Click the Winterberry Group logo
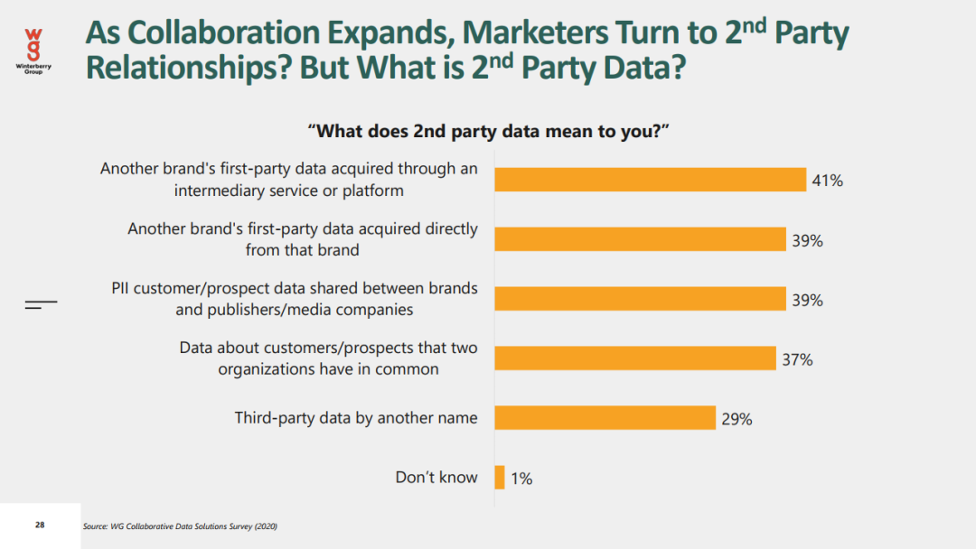coord(33,50)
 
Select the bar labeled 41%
coord(650,180)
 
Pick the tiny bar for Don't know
coord(500,477)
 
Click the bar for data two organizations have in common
coord(635,358)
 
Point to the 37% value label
coord(798,360)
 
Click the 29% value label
coord(737,419)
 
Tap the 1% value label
coord(521,479)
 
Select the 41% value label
coord(828,181)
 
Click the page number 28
coord(40,525)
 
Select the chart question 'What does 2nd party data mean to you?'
coord(488,131)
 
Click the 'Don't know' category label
coord(436,478)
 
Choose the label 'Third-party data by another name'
coord(356,417)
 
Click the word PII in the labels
coord(124,289)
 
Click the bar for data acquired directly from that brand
coord(640,239)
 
